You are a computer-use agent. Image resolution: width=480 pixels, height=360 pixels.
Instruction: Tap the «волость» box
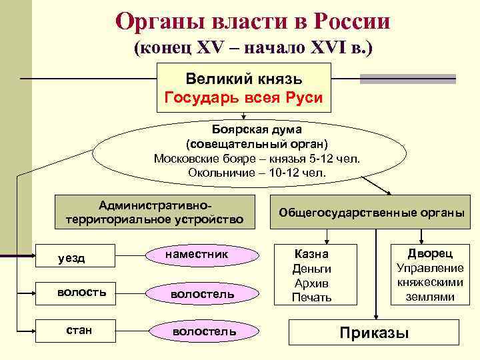(86, 292)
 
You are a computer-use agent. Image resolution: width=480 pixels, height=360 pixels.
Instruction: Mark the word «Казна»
(311, 254)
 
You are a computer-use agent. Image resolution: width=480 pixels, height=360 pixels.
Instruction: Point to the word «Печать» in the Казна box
(311, 297)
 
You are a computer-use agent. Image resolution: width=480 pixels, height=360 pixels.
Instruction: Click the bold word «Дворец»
(430, 253)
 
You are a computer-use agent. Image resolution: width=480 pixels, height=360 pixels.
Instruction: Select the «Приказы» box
(374, 333)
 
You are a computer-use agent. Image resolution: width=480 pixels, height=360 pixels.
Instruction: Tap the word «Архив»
(311, 283)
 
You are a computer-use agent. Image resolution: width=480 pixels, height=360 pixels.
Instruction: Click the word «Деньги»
(311, 269)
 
